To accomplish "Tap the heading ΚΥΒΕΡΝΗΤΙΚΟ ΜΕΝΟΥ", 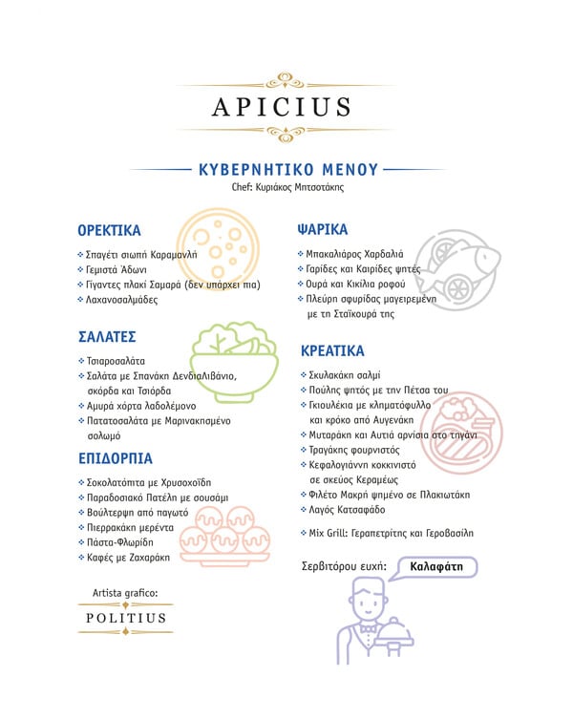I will pyautogui.click(x=288, y=169).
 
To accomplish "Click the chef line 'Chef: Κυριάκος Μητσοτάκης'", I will pyautogui.click(x=287, y=188).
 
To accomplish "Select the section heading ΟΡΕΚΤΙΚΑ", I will pyautogui.click(x=109, y=230).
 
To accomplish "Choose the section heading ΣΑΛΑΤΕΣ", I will pyautogui.click(x=107, y=337).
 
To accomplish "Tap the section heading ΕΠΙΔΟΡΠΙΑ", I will pyautogui.click(x=115, y=458).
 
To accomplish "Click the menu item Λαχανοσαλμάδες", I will pyautogui.click(x=121, y=300).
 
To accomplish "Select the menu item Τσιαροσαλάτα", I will pyautogui.click(x=116, y=361).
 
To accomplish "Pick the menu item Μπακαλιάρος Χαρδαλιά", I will pyautogui.click(x=355, y=254).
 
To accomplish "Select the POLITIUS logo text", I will pyautogui.click(x=126, y=618).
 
